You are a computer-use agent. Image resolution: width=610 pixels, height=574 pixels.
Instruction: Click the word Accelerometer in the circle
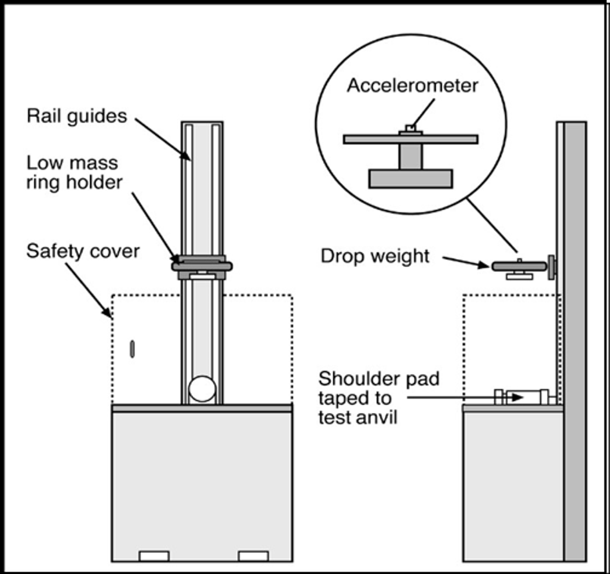click(x=412, y=86)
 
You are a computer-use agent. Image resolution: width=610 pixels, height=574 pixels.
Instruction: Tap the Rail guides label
click(x=77, y=116)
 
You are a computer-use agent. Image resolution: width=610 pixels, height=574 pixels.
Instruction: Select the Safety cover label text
click(x=83, y=252)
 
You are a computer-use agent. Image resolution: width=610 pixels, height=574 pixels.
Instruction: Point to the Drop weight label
click(x=375, y=256)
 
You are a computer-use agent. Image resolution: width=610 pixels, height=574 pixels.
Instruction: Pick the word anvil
click(x=375, y=417)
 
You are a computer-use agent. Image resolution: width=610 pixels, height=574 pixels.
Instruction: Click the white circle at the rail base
click(x=202, y=389)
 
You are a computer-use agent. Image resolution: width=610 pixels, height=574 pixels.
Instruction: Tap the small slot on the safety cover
click(x=132, y=349)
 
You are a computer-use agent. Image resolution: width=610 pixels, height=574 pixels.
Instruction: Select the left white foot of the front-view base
click(x=154, y=556)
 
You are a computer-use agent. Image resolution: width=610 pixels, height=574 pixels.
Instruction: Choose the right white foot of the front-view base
click(x=253, y=556)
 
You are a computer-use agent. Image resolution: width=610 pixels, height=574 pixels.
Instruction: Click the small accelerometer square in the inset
click(x=410, y=128)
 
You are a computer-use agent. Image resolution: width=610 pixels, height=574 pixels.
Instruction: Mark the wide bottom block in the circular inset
click(x=410, y=178)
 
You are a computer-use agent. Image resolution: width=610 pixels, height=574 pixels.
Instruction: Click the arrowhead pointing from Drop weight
click(x=484, y=265)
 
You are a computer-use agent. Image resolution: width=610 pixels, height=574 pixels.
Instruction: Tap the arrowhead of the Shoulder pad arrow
click(x=518, y=398)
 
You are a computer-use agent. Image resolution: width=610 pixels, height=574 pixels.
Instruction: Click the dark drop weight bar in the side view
click(x=519, y=266)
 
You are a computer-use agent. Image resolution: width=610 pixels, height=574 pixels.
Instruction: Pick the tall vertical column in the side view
click(x=574, y=340)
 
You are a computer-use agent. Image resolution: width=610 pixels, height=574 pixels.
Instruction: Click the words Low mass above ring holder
click(x=72, y=163)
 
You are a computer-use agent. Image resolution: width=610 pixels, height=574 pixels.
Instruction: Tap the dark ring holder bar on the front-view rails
click(x=202, y=266)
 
